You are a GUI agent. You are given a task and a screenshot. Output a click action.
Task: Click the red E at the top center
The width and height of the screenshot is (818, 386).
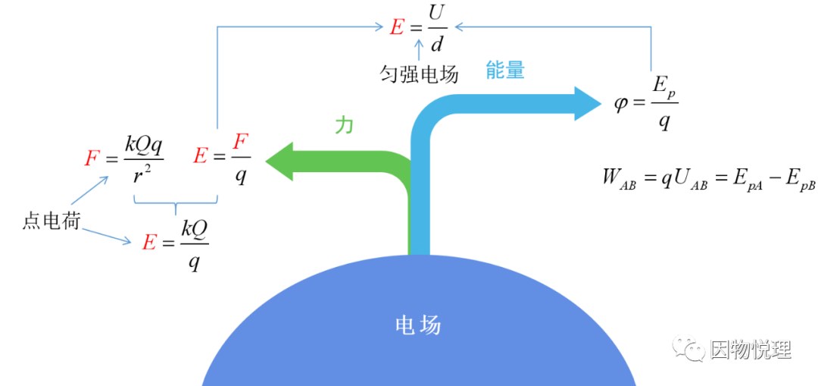pos(397,27)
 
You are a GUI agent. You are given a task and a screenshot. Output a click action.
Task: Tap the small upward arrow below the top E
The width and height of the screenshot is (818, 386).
pos(419,49)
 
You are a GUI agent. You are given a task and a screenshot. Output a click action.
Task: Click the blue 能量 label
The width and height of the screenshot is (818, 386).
pos(505,71)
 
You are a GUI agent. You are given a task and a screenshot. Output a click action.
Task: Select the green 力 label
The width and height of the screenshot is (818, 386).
pos(344,125)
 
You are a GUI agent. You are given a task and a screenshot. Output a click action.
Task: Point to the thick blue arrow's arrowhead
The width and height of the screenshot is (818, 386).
pos(588,104)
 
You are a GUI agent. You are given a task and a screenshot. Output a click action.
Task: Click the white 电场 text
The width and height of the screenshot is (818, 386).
pos(418,325)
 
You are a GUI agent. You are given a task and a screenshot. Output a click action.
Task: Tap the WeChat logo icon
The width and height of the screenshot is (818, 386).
pos(688,347)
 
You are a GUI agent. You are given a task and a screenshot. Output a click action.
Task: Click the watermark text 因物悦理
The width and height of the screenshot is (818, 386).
pos(750,350)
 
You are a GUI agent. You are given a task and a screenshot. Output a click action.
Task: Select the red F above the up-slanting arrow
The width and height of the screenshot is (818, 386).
pos(92,158)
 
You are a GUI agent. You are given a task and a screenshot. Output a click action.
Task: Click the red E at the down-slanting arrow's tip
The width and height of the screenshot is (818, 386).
pos(149,243)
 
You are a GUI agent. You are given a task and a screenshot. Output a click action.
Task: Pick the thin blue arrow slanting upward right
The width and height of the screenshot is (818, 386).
pos(90,190)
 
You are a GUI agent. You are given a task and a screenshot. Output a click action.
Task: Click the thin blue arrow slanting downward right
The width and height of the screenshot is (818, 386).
pos(106,235)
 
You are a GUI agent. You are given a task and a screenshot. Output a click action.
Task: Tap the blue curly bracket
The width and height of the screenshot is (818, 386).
pos(176,202)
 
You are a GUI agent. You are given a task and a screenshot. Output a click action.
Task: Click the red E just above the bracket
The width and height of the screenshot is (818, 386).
pos(200,155)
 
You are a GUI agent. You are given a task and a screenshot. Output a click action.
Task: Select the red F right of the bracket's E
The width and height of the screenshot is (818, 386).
pos(240,142)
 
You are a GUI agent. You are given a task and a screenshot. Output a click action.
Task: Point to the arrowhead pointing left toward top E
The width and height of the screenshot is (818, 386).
pos(459,27)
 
